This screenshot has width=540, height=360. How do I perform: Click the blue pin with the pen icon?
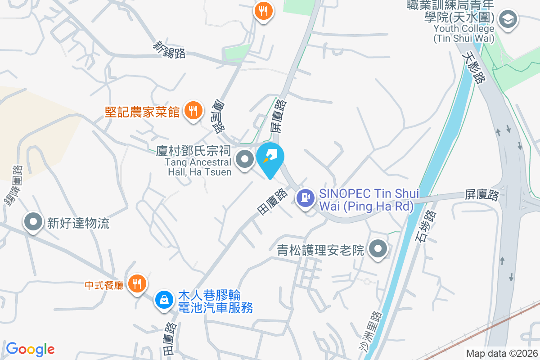pyautogui.click(x=270, y=158)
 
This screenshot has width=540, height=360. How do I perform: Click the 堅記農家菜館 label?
pyautogui.click(x=142, y=111)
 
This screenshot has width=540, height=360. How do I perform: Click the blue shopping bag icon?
pyautogui.click(x=163, y=299)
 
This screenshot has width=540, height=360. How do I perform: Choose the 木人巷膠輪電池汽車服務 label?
pyautogui.click(x=215, y=302)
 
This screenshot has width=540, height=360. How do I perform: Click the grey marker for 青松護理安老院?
pyautogui.click(x=378, y=249)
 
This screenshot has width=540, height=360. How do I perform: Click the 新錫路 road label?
pyautogui.click(x=170, y=49)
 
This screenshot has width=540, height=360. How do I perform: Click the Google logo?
pyautogui.click(x=30, y=349)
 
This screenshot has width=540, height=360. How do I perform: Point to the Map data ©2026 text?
pyautogui.click(x=501, y=353)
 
